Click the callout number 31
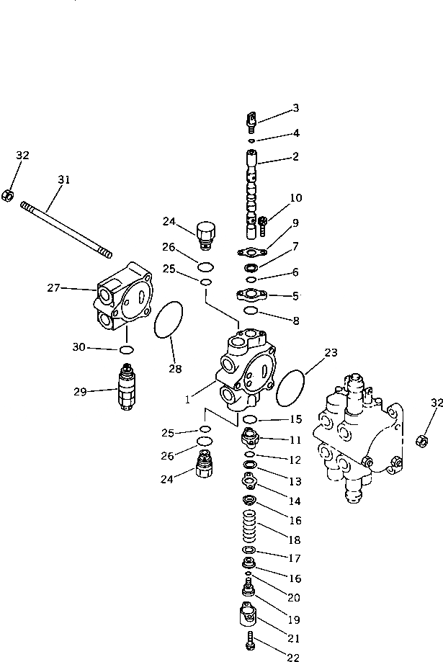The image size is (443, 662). [64, 180]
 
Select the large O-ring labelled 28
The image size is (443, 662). [169, 321]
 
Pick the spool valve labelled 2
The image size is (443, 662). [251, 194]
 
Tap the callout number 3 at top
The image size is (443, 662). [295, 109]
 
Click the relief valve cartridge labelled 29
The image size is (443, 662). [127, 390]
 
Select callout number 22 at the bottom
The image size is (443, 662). [292, 656]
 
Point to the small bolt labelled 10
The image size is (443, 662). [263, 225]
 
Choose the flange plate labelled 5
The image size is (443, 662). [251, 295]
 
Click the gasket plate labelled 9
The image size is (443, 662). [250, 252]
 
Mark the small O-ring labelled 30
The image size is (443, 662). [126, 350]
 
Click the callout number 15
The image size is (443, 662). [295, 419]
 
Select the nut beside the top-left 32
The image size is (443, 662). [6, 194]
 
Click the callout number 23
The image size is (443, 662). [331, 353]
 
